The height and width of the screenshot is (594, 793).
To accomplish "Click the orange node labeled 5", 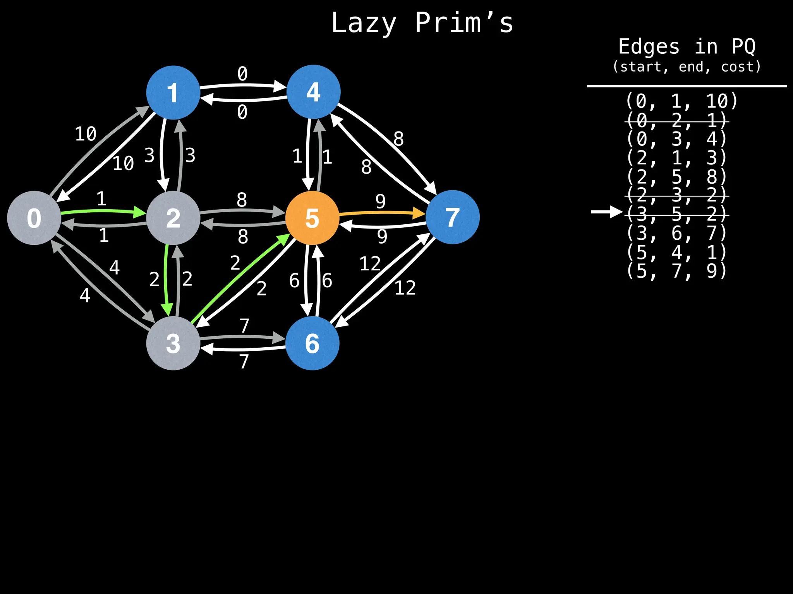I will point(312,218).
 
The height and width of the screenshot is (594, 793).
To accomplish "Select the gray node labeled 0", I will point(34,218).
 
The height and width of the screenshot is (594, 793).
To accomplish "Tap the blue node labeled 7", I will point(452,217).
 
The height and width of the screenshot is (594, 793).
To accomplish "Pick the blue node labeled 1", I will point(173,92).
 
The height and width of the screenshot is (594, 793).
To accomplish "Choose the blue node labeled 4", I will point(313,92).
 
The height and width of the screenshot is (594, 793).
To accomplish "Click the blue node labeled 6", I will point(312,343).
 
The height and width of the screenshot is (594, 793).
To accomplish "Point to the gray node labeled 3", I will point(173,343).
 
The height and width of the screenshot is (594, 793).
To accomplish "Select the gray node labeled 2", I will point(173,218).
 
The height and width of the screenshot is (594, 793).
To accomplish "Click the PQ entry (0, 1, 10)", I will point(681,101).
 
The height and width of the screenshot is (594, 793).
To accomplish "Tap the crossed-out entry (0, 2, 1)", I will point(677,121).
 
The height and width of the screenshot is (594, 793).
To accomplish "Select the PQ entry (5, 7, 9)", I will point(677,271).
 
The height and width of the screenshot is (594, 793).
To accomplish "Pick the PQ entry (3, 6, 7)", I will point(677,233).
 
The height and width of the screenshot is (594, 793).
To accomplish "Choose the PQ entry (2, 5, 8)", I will point(677,177).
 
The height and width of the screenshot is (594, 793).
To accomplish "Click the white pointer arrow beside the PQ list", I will point(606,212).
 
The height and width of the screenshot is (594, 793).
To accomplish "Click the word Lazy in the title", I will point(364,23).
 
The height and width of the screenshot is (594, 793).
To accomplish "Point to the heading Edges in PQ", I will point(687,47).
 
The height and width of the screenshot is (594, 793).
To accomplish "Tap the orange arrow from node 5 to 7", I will point(381,213).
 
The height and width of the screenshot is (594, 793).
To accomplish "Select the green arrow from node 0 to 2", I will point(103,211).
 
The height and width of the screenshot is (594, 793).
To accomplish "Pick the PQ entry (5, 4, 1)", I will point(677,252).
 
